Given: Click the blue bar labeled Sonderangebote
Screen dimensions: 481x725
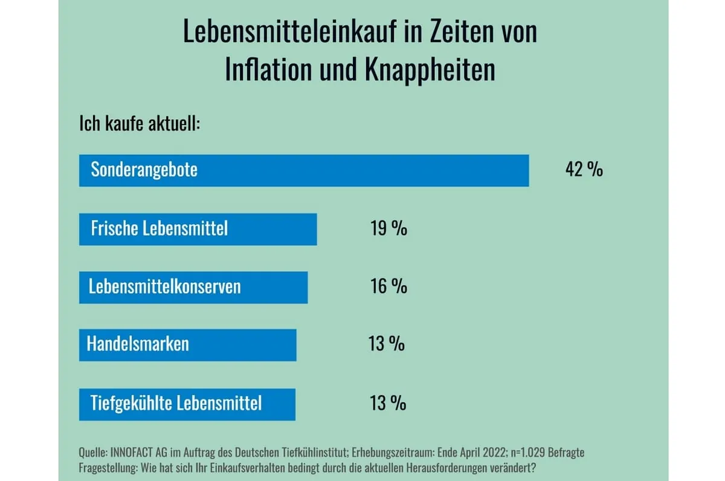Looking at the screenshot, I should pyautogui.click(x=304, y=170).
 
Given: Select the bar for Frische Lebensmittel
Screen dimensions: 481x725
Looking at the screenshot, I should pyautogui.click(x=198, y=229).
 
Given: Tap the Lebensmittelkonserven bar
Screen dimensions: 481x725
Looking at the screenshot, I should pyautogui.click(x=193, y=287).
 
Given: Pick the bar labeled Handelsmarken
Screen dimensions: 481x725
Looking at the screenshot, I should pyautogui.click(x=187, y=344).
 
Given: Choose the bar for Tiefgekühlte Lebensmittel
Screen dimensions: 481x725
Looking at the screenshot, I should pyautogui.click(x=187, y=404).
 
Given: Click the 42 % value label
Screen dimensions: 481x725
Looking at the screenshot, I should pyautogui.click(x=584, y=170).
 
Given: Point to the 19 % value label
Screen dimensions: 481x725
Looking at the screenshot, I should pyautogui.click(x=388, y=228).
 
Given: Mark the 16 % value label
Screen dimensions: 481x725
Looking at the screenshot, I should pyautogui.click(x=388, y=286).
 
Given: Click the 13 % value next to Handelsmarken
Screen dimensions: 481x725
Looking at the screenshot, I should pyautogui.click(x=387, y=344).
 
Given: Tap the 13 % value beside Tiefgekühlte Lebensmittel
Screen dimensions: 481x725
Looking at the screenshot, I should pyautogui.click(x=388, y=403).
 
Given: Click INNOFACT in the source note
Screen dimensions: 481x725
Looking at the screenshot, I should pyautogui.click(x=134, y=453).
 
